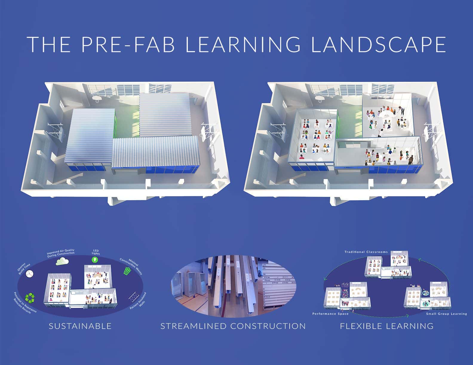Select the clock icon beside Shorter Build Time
click(x=30, y=273)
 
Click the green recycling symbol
click(x=30, y=297)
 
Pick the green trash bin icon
click(x=127, y=271)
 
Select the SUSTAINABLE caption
click(x=80, y=326)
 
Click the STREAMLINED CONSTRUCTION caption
click(x=233, y=326)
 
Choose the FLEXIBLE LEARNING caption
click(x=387, y=326)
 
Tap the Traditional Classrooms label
click(x=366, y=252)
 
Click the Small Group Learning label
click(x=446, y=314)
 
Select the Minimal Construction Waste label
click(x=131, y=265)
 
